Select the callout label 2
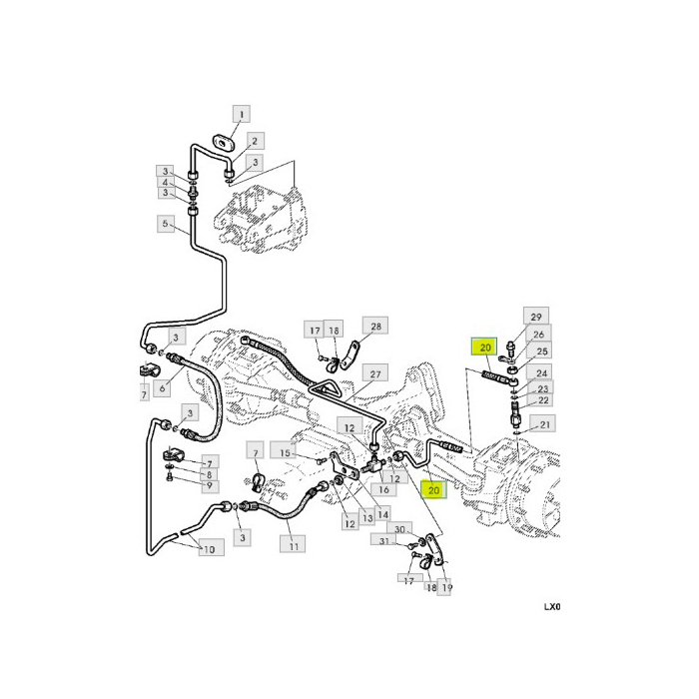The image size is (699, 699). tap(255, 142)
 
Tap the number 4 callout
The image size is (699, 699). tap(167, 183)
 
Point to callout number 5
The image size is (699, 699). tap(167, 225)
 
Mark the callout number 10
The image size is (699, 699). tap(209, 549)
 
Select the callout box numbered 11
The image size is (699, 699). tap(293, 545)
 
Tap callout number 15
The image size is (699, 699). tap(285, 453)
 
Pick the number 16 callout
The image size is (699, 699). tap(384, 490)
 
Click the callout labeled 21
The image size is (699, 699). tap(545, 424)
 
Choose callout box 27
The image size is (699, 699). tap(376, 374)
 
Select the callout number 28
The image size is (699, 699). tap(376, 327)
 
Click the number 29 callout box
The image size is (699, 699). tap(535, 316)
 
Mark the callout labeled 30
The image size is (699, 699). tap(399, 528)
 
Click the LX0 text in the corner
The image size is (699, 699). tap(553, 606)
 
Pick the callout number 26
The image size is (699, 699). tap(538, 335)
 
